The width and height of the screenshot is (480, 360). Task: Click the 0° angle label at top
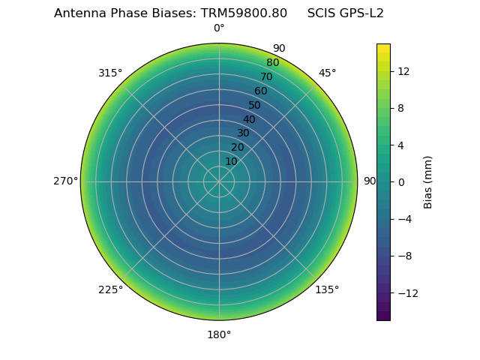[x=219, y=28]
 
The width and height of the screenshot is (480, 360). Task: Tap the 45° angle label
[x=327, y=73]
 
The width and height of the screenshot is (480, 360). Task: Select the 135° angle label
[x=327, y=289]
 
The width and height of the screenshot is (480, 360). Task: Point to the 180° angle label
[x=219, y=334]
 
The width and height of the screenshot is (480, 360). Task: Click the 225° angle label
[x=110, y=289]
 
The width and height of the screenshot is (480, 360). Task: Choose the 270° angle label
[x=65, y=181]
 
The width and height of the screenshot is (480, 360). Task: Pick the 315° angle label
[x=110, y=73]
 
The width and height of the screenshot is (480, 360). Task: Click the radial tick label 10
[x=231, y=161]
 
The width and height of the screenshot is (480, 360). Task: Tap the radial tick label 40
[x=249, y=119]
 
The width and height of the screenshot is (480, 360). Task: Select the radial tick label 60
[x=261, y=91]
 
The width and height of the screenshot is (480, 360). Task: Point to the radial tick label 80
[x=273, y=63]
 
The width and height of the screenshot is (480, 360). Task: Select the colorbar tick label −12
[x=405, y=292]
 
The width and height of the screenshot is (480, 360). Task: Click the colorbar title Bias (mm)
[x=428, y=181]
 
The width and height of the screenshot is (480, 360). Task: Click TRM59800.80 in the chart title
[x=244, y=13]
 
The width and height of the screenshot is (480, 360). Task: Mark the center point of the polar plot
[x=219, y=181]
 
